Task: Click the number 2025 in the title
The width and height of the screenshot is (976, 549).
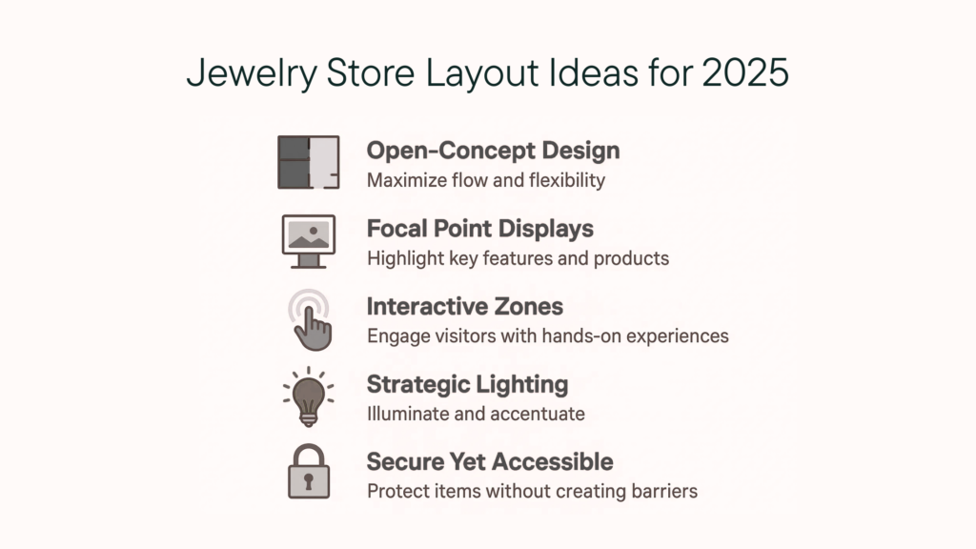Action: (745, 72)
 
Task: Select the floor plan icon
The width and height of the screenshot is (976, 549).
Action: (309, 162)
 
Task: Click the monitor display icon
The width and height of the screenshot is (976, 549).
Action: (309, 241)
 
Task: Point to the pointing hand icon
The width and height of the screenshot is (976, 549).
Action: (311, 320)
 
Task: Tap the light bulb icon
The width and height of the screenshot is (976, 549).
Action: (308, 397)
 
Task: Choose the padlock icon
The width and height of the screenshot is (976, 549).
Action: (309, 471)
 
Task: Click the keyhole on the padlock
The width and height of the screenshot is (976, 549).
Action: (309, 481)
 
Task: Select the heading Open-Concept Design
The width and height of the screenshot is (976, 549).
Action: (493, 152)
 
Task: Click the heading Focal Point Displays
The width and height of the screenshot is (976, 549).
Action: (480, 229)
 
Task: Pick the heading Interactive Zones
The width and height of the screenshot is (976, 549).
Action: (464, 306)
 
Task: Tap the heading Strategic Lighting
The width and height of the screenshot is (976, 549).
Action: (467, 385)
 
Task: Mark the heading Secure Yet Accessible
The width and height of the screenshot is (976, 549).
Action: (490, 462)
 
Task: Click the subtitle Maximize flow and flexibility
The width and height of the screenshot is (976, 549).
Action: (486, 180)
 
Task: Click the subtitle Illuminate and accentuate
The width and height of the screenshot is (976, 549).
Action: (476, 414)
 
